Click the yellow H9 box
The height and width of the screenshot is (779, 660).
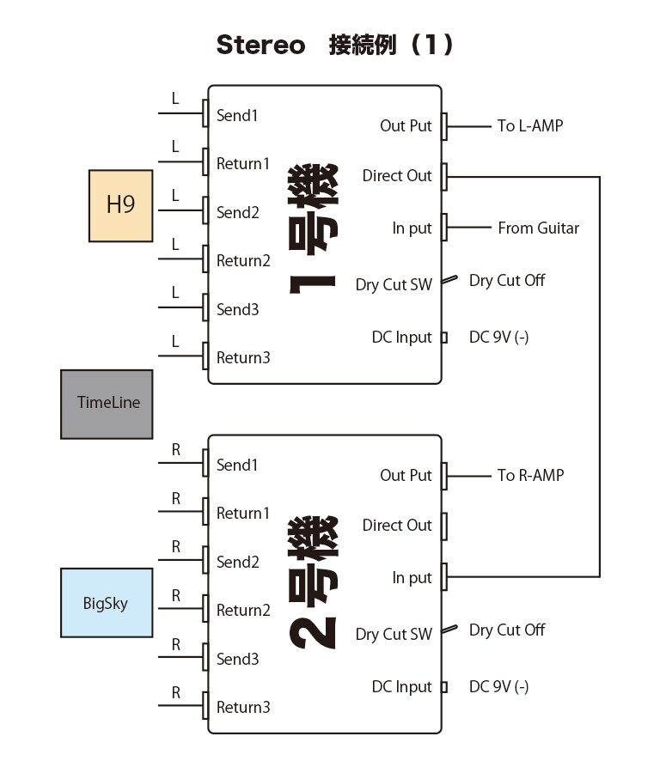[121, 205]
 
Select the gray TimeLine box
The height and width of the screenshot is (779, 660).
[107, 404]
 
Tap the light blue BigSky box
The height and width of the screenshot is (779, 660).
[107, 603]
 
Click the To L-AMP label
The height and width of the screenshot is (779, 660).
[530, 126]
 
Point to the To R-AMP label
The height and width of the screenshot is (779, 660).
[530, 475]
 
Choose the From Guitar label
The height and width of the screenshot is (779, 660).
[538, 228]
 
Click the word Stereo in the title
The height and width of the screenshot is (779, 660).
[260, 46]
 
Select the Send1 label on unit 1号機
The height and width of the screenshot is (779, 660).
[237, 115]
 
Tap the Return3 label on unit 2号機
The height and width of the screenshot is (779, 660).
[243, 708]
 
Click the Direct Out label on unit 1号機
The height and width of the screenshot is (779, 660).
[397, 176]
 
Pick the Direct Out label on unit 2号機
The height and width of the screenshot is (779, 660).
[397, 526]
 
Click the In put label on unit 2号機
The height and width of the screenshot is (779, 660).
[412, 578]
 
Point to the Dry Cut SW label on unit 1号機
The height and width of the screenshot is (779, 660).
[394, 285]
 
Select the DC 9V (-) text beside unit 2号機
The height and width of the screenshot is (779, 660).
[498, 687]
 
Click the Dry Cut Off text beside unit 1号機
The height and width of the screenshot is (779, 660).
[507, 281]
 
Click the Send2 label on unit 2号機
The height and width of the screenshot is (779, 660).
[238, 563]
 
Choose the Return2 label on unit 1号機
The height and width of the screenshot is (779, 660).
[243, 261]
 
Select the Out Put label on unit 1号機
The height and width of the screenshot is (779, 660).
[406, 126]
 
